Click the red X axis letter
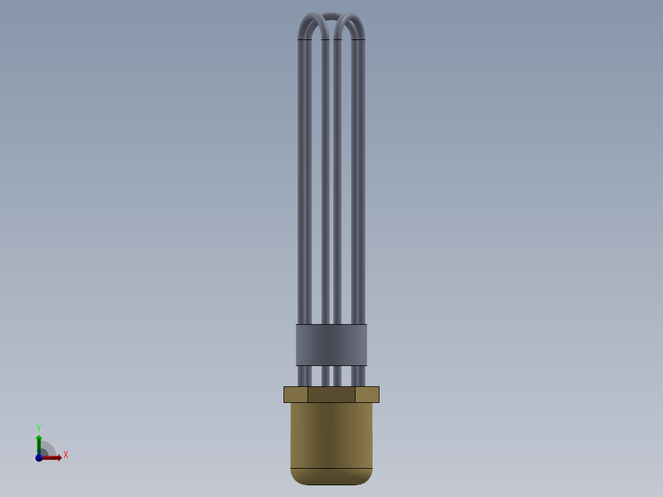tap(66, 455)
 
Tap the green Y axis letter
tap(39, 427)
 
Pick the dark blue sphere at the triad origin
tap(39, 458)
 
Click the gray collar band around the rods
tap(331, 344)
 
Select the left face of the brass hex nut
tap(296, 394)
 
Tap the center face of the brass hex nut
tap(331, 394)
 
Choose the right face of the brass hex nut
tap(367, 394)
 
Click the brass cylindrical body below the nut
tap(331, 435)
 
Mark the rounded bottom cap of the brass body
tap(331, 477)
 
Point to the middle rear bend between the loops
tap(331, 16)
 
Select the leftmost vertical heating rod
tap(304, 185)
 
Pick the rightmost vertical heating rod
tap(359, 185)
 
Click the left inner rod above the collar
tap(325, 185)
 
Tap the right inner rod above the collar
tap(338, 185)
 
